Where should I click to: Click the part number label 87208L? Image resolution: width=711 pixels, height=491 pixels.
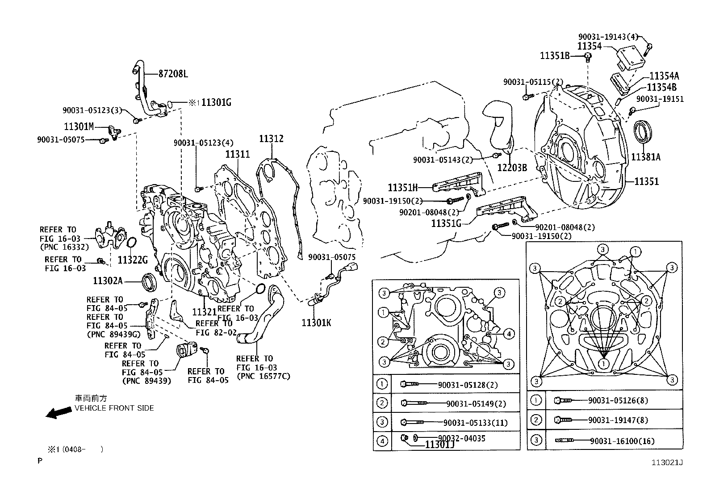point(173,74)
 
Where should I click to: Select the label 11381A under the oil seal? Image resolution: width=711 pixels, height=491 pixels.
point(645,157)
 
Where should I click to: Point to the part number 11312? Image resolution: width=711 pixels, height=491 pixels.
point(271,139)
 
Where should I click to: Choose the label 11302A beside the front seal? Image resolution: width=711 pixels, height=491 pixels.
point(108,281)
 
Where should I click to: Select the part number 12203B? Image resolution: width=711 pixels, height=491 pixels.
point(512,168)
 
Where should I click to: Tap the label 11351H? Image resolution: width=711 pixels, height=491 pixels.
point(402,188)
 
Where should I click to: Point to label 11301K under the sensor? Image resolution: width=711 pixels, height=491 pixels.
point(316,323)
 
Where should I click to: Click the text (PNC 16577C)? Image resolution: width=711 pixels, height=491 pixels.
point(263,376)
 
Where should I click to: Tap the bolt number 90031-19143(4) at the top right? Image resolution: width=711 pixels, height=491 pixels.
point(608,37)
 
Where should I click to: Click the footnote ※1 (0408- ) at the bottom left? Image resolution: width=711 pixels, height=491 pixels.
point(75,449)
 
